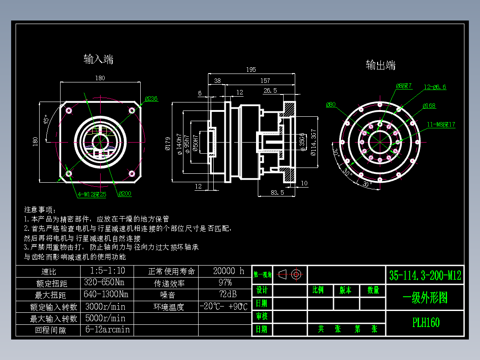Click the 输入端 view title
coord(98,59)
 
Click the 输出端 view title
coord(381,65)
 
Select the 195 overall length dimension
coord(251,70)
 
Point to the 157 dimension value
coord(265,81)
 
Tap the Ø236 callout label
coord(151,99)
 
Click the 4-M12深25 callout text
coord(92,194)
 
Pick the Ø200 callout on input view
coord(125,194)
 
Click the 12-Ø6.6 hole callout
coord(435,87)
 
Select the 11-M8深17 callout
coord(441,124)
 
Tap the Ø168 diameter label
coord(429,106)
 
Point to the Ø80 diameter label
coord(331,105)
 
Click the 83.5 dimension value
coord(277,192)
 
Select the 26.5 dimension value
coord(270,90)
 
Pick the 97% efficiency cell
coord(225,283)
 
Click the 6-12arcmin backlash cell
coord(107,330)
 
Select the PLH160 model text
coord(426,322)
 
